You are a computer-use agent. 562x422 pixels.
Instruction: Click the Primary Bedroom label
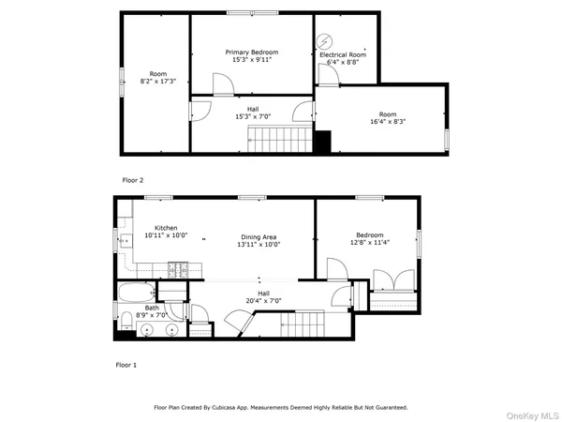pos(252,53)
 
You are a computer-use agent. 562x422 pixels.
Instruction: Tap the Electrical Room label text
pos(343,55)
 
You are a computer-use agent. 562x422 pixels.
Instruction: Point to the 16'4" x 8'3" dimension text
pos(387,121)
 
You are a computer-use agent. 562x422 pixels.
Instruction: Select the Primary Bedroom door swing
pos(222,85)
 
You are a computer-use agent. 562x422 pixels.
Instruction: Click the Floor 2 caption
pos(132,178)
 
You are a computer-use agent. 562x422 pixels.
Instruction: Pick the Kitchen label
pos(166,228)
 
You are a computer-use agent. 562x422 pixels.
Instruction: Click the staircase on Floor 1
pos(303,325)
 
